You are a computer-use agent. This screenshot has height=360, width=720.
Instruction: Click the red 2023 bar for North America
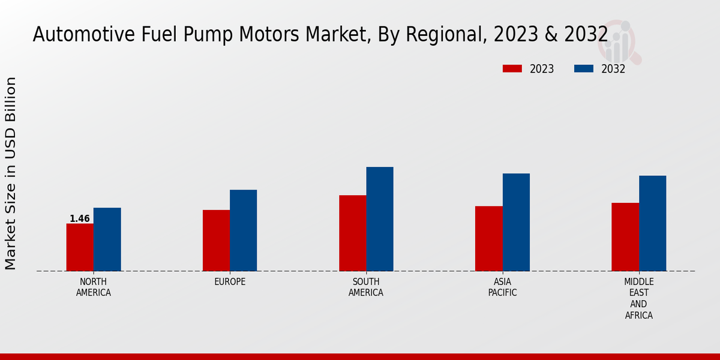tap(80, 247)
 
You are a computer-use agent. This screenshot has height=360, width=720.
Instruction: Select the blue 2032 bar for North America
tap(107, 239)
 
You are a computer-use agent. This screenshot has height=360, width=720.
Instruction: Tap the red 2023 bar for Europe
tap(216, 241)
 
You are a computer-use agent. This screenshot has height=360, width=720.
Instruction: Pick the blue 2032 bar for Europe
tap(243, 230)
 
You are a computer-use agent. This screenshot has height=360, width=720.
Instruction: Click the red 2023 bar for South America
tap(352, 233)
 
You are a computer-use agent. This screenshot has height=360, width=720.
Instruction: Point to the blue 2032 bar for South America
tap(380, 219)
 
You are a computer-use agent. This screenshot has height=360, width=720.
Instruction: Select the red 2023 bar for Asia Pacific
tap(488, 239)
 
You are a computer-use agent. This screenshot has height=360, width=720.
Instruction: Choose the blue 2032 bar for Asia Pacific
tap(516, 222)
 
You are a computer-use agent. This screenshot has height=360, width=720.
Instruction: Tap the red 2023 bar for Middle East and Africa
tap(625, 237)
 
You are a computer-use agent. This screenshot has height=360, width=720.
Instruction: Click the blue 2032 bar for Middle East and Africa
tap(652, 223)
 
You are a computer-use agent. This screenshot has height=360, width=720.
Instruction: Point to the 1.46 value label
tap(80, 219)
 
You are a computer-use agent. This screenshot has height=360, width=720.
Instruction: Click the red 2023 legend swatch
tap(512, 69)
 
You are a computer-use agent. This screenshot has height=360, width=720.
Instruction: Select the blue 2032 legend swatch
tap(583, 69)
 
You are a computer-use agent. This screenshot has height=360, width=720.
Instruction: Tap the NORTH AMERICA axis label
tap(94, 287)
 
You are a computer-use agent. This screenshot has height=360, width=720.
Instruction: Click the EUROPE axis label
tap(230, 282)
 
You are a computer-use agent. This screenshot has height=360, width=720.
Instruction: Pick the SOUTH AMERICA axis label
tap(366, 287)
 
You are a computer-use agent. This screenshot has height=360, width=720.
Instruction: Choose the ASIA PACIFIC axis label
tap(502, 287)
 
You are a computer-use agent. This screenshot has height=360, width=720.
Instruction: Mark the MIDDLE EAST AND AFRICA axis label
tap(638, 298)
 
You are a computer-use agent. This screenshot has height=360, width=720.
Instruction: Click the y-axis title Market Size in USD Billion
tap(11, 173)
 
